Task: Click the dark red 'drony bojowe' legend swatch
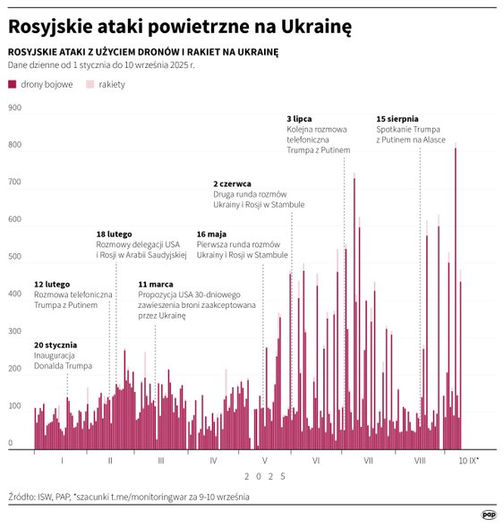[x=13, y=84]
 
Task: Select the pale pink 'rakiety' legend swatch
[x=90, y=84]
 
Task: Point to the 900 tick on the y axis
[x=14, y=108]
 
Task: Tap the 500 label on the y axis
[x=14, y=257]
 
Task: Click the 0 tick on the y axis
[x=11, y=443]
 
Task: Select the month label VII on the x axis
[x=368, y=461]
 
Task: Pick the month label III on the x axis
[x=160, y=461]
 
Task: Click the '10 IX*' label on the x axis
[x=468, y=461]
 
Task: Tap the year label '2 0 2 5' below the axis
[x=264, y=477]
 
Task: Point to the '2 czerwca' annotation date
[x=233, y=183]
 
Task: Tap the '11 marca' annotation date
[x=156, y=284]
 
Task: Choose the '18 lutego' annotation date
[x=114, y=234]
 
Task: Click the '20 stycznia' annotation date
[x=56, y=345]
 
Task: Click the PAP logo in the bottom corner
[x=489, y=515]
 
